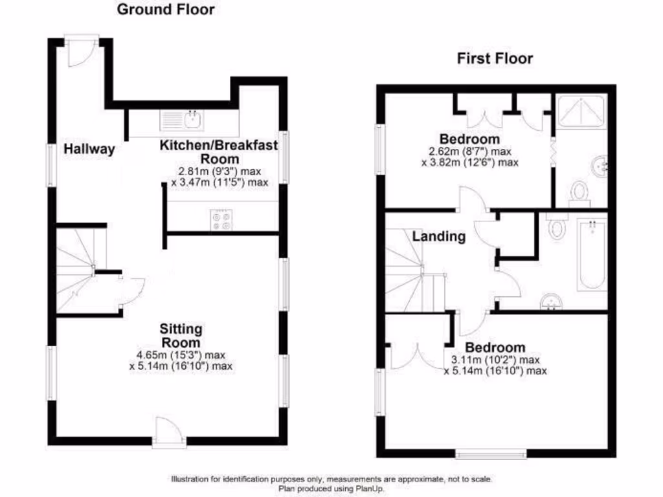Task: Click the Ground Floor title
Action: [166, 10]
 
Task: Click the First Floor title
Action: [495, 59]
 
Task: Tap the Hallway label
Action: [89, 149]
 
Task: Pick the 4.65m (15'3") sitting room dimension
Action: [181, 355]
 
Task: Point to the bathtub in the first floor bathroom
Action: [590, 256]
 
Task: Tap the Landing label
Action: [439, 236]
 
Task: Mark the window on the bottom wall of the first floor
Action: [490, 454]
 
